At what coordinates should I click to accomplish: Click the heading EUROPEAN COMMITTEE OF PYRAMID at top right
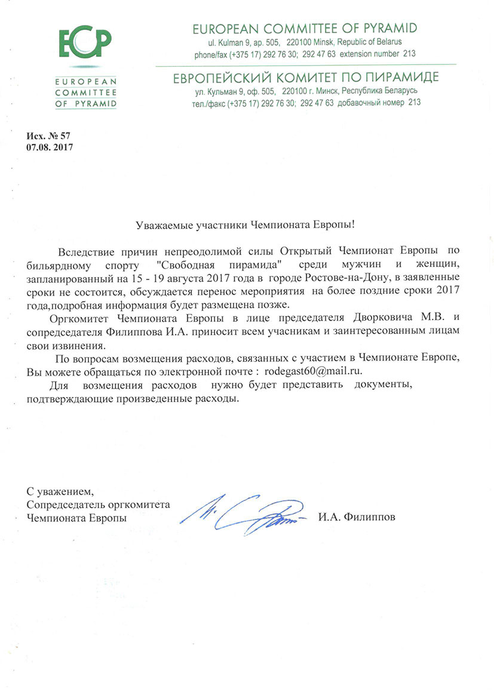pos(304,29)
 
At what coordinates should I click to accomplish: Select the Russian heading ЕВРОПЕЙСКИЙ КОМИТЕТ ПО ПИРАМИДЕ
pos(305,78)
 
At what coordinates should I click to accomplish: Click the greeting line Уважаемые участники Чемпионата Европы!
pos(246,225)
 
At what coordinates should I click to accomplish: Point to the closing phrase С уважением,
pos(60,492)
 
